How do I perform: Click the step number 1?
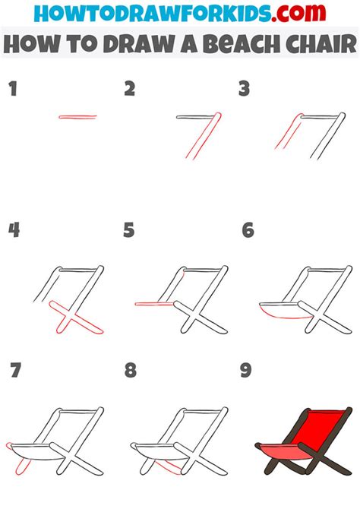coord(12,90)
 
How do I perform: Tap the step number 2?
coord(130,90)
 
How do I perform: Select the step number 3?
coord(245,90)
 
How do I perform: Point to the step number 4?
coord(14,230)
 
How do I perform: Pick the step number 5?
coord(129,230)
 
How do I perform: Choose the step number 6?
coord(247,230)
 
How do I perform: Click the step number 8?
coord(131,370)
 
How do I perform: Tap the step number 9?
coord(245,370)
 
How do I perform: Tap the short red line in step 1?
coord(77,117)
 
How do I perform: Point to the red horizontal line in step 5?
coord(155,304)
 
